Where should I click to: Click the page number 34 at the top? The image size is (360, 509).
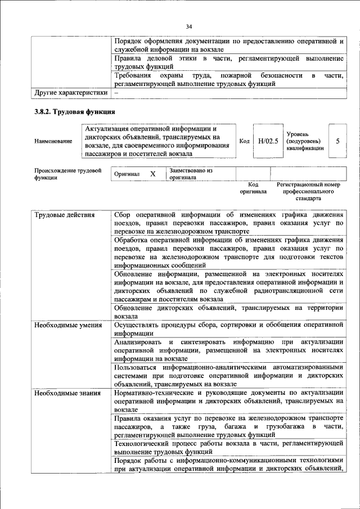pos(189,26)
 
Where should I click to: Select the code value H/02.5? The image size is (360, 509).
pos(268,141)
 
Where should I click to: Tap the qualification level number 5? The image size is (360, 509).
pos(337,141)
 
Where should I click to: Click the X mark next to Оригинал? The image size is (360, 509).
pos(152,174)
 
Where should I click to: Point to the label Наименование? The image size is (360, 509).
pos(53,141)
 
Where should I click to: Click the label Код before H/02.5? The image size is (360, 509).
pos(244,141)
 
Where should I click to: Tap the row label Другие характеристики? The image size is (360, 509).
pos(70,92)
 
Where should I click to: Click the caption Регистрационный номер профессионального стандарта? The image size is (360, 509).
pos(308,191)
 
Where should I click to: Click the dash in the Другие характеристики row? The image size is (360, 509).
pos(116,92)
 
